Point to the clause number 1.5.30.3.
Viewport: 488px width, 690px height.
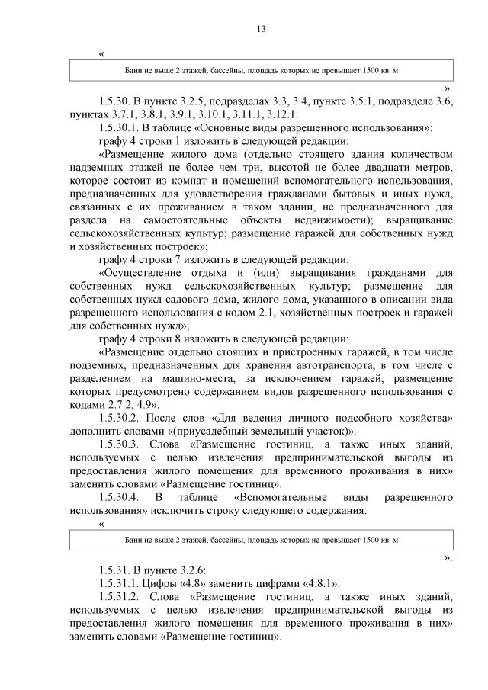click(x=122, y=444)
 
